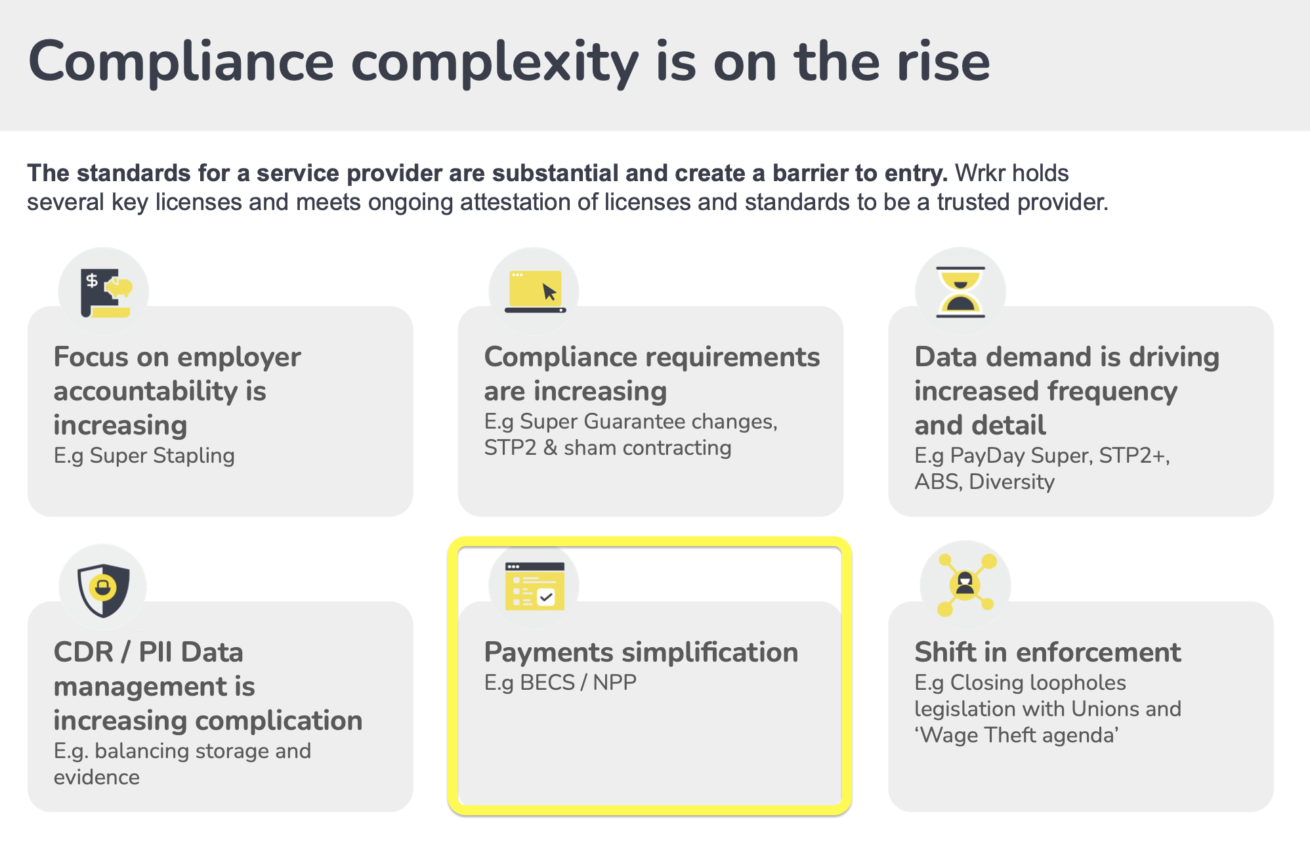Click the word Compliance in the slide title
(x=181, y=62)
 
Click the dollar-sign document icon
(x=106, y=293)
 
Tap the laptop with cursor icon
(x=535, y=291)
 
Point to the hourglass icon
(x=960, y=292)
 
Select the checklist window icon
(x=535, y=586)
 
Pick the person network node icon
(x=965, y=585)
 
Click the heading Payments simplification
(x=641, y=652)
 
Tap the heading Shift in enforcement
(x=1047, y=652)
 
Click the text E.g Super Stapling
(x=144, y=456)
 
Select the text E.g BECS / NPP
(x=560, y=683)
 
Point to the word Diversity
(x=1011, y=482)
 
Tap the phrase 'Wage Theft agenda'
(x=1017, y=735)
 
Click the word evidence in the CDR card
(x=96, y=777)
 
